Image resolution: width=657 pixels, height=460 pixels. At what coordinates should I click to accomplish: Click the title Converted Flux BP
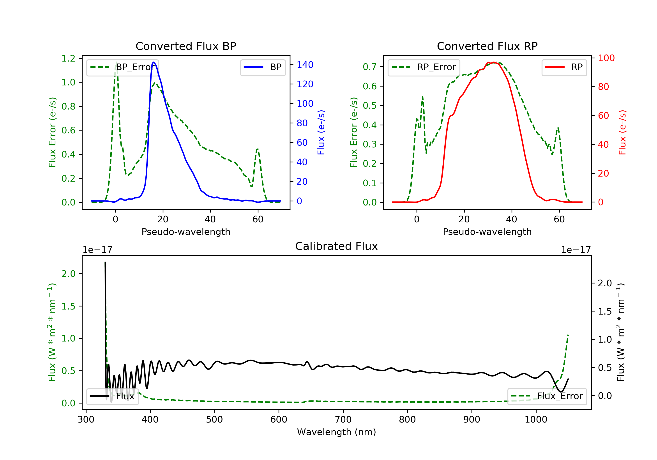click(186, 46)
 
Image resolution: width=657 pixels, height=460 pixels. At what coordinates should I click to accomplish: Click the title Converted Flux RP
click(487, 46)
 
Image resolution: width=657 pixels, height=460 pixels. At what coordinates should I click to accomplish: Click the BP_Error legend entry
click(122, 67)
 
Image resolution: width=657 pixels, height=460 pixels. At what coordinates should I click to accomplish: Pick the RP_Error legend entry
click(424, 67)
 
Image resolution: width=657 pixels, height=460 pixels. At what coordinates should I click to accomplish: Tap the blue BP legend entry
click(263, 67)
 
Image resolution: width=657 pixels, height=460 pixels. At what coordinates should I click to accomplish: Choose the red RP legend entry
click(564, 67)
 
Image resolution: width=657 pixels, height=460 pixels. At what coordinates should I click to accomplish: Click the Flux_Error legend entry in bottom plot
click(547, 396)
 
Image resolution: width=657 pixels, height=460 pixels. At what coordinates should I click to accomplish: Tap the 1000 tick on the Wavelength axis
click(536, 420)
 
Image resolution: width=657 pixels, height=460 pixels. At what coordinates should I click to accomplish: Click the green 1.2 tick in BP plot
click(68, 58)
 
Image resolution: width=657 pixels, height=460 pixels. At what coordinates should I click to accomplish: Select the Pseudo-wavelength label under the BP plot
click(186, 232)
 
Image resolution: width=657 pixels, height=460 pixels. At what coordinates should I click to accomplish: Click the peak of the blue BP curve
click(154, 62)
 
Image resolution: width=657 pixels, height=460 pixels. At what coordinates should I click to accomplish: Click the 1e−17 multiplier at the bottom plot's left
click(97, 250)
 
